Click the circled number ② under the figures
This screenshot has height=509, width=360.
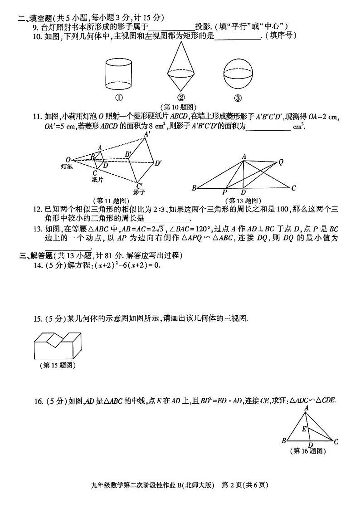tap(181, 98)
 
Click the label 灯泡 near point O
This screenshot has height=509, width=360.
tap(67, 166)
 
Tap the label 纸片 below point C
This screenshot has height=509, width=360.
tap(97, 180)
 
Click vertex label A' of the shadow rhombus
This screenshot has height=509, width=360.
tap(147, 134)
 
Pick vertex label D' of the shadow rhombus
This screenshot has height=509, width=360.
tap(158, 163)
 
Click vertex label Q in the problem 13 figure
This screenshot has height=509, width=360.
tap(281, 161)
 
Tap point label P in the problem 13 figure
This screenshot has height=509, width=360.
tap(224, 192)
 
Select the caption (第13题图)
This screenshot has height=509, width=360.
tap(243, 200)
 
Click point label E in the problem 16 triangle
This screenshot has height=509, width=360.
tap(304, 428)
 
